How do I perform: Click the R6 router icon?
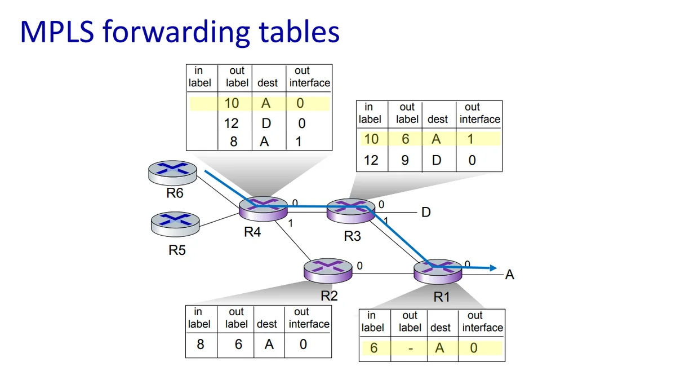coord(173,172)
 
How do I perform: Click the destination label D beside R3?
coord(426,213)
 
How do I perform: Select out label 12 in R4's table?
coord(232,123)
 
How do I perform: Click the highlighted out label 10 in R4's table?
coord(232,103)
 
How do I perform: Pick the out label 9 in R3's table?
coord(405,160)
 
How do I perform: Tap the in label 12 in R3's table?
coord(371,160)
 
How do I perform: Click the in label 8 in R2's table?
coord(200,343)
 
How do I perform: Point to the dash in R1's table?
coord(410,348)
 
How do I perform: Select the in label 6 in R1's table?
coord(373,348)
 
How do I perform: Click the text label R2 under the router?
coord(329,295)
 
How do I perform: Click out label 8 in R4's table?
coord(234,142)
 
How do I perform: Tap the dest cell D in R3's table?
coord(437,160)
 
